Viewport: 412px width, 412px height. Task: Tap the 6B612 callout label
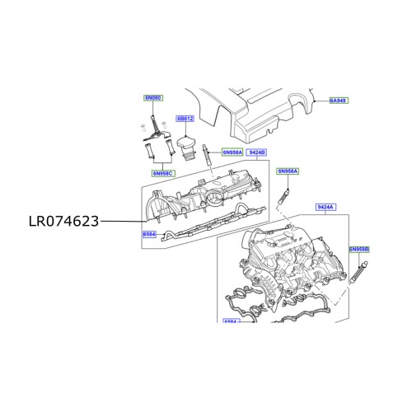tap(185, 119)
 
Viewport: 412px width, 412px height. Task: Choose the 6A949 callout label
tap(339, 101)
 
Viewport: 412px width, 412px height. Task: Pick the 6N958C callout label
tap(162, 174)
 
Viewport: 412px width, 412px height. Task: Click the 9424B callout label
tap(255, 152)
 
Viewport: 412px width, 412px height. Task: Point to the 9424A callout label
tap(325, 208)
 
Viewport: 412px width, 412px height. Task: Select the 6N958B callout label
tap(358, 248)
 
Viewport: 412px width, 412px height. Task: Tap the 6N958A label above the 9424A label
tap(287, 171)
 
